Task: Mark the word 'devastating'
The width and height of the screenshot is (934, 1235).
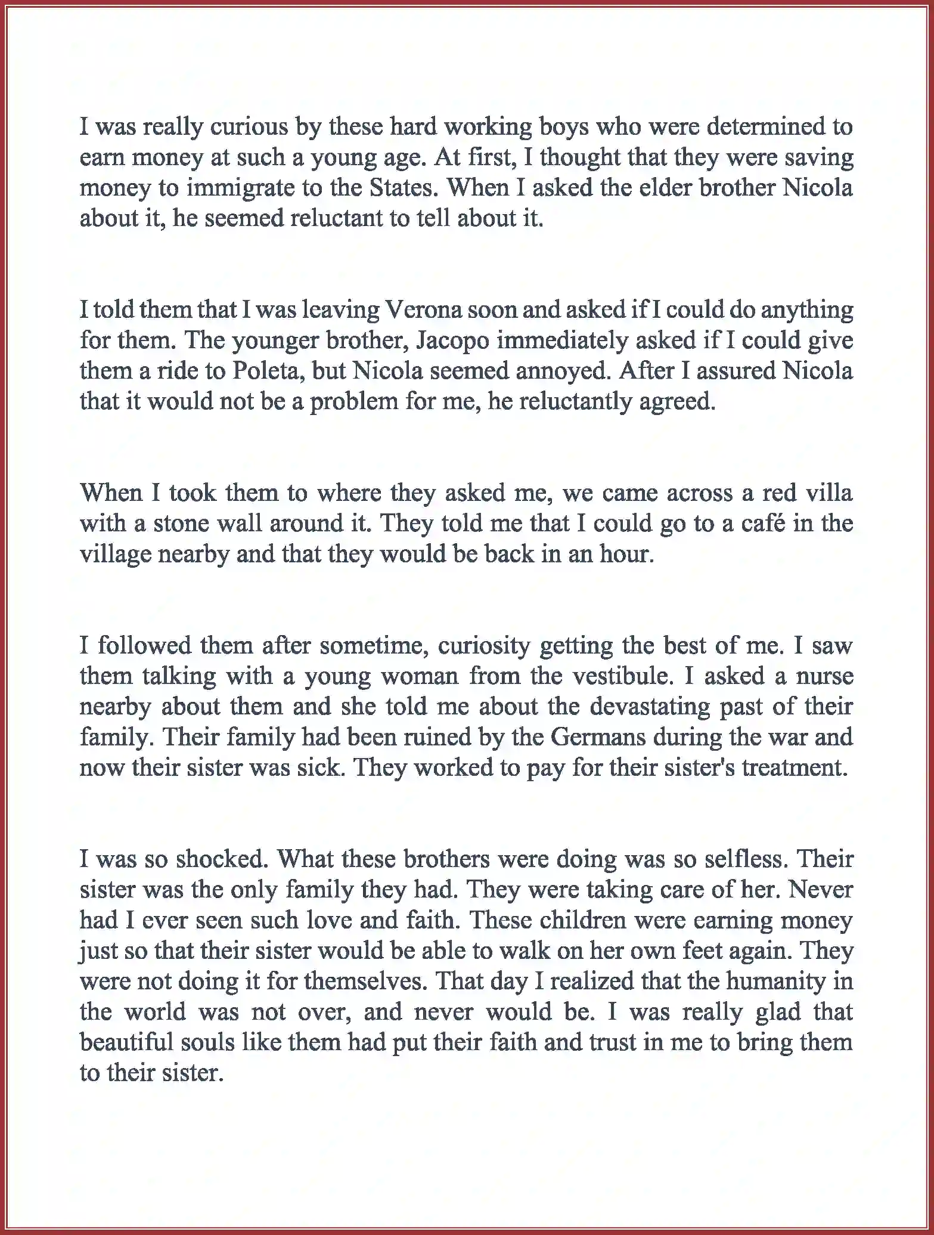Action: click(x=644, y=707)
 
